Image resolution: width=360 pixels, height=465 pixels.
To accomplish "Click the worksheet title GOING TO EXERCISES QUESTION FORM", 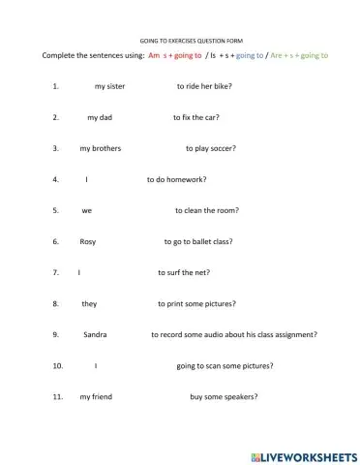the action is pyautogui.click(x=179, y=42).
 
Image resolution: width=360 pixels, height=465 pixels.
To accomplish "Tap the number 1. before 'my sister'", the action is pyautogui.click(x=56, y=86).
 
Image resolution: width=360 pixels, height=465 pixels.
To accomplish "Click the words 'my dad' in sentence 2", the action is pyautogui.click(x=100, y=117).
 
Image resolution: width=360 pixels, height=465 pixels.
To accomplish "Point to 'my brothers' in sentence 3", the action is pyautogui.click(x=100, y=148).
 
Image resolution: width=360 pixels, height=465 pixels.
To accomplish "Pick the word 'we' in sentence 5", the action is pyautogui.click(x=87, y=210).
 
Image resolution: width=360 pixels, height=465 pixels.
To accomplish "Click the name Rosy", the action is pyautogui.click(x=88, y=241).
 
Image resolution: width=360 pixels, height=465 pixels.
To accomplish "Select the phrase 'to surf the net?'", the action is pyautogui.click(x=184, y=272).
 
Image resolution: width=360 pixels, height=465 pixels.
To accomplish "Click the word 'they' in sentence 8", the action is pyautogui.click(x=89, y=303).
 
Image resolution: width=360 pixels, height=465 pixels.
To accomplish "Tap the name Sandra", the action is pyautogui.click(x=95, y=334).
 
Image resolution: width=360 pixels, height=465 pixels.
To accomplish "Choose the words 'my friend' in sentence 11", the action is pyautogui.click(x=96, y=396).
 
